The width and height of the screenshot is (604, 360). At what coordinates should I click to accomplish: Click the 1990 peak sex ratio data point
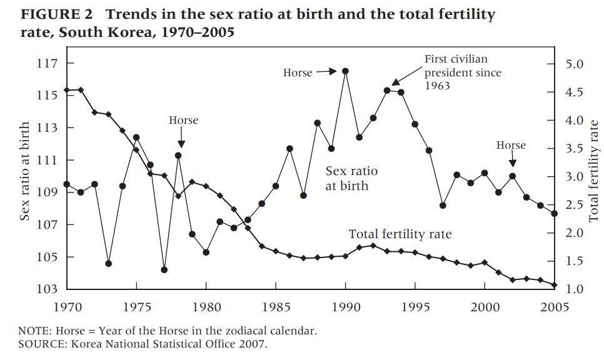pyautogui.click(x=345, y=71)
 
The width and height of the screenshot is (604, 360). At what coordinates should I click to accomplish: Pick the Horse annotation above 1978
pyautogui.click(x=183, y=120)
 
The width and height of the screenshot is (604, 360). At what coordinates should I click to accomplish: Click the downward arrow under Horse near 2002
pyautogui.click(x=513, y=161)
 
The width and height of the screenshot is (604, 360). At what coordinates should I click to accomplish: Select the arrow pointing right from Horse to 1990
pyautogui.click(x=327, y=72)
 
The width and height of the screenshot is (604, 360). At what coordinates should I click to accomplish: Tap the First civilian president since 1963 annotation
pyautogui.click(x=463, y=72)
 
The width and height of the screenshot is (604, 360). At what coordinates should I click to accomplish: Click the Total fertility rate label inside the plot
pyautogui.click(x=400, y=234)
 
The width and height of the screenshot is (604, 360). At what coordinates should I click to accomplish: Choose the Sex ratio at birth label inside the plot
pyautogui.click(x=352, y=178)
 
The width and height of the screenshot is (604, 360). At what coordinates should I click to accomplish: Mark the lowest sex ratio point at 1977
pyautogui.click(x=164, y=270)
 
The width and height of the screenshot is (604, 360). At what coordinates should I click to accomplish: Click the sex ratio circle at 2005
pyautogui.click(x=554, y=214)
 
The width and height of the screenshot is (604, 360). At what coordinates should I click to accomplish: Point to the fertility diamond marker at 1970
pyautogui.click(x=67, y=90)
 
